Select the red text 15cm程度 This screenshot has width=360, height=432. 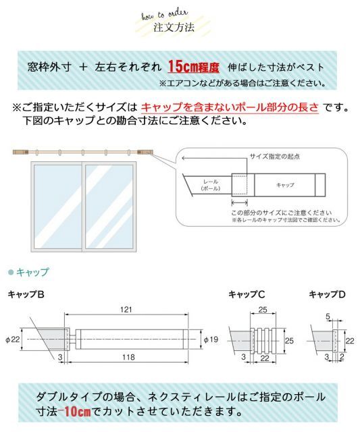tap(194, 67)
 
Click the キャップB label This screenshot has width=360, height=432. tap(26, 294)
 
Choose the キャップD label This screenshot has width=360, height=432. tap(327, 294)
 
